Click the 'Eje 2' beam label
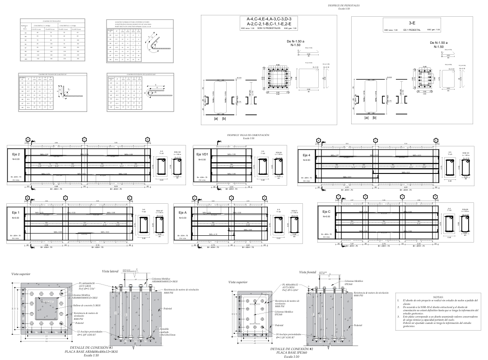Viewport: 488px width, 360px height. [x=15, y=154]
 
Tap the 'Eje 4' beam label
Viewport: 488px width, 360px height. [x=307, y=155]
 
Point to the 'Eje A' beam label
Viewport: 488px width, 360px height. [x=182, y=212]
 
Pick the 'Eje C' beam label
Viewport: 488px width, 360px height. [x=326, y=211]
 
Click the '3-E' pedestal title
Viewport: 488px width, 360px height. [x=412, y=23]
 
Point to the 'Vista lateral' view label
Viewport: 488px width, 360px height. [x=110, y=271]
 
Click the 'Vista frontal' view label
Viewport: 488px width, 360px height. [x=307, y=272]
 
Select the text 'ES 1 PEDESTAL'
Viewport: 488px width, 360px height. [x=412, y=30]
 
